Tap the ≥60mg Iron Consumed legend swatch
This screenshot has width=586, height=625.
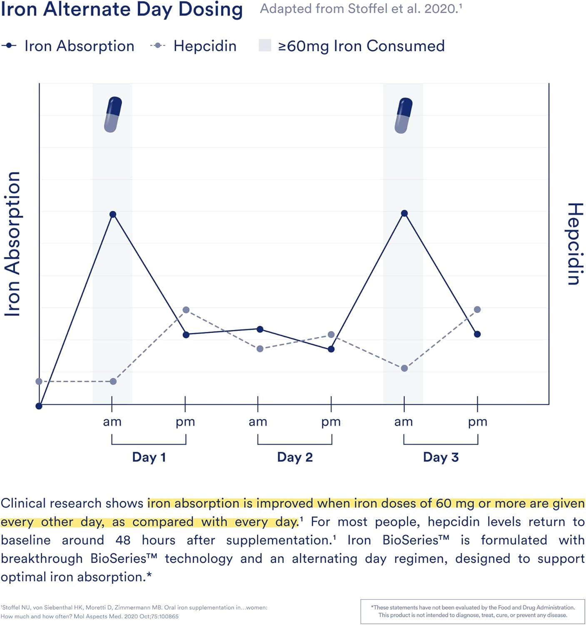265,45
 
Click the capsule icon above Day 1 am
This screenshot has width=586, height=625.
113,115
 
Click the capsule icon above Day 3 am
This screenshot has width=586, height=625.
404,115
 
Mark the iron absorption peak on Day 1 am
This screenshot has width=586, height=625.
113,214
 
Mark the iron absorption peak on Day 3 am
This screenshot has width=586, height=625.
404,213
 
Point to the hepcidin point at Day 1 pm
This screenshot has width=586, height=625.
186,310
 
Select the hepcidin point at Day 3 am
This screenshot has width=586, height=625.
404,368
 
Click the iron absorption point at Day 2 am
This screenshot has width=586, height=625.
260,329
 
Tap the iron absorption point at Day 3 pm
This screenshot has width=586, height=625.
477,334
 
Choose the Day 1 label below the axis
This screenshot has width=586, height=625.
149,457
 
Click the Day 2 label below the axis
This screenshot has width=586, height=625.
295,457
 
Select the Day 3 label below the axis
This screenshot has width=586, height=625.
441,457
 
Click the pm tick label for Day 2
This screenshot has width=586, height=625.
331,422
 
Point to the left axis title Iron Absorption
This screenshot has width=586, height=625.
12,244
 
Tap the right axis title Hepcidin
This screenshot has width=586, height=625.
575,244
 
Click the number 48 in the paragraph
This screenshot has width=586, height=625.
123,540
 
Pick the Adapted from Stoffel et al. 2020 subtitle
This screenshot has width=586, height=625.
361,9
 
